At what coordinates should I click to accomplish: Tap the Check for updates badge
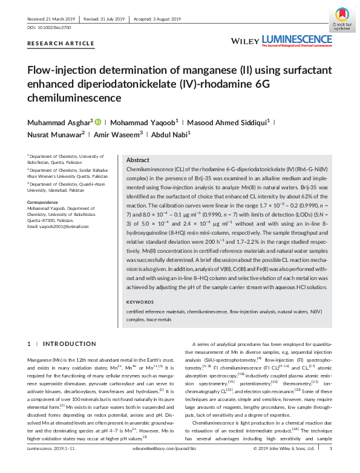(339, 21)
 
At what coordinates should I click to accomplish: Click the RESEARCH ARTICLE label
(61, 44)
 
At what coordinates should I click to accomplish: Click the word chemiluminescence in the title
(74, 97)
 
